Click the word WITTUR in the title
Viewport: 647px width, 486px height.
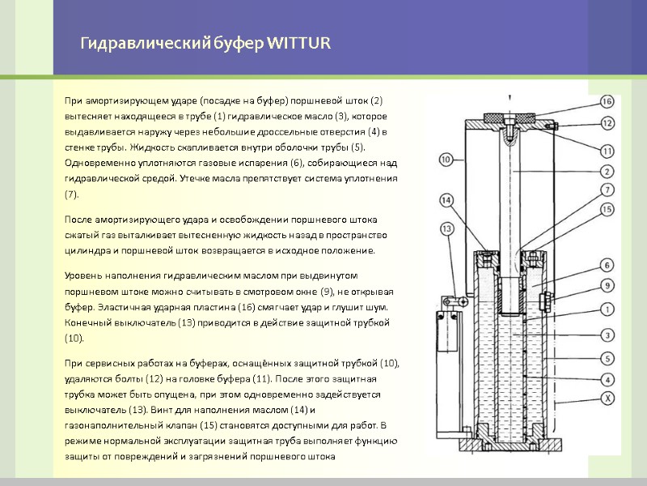click(x=298, y=42)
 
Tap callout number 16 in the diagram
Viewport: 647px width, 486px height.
click(x=607, y=102)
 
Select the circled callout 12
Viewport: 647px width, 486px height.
click(x=607, y=123)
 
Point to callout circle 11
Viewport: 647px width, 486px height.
click(x=607, y=150)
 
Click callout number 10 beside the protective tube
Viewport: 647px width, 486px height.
click(x=446, y=160)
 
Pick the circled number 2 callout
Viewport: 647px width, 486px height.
click(x=607, y=171)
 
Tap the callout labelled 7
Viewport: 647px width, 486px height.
click(x=607, y=190)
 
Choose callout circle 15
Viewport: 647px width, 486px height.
click(x=607, y=210)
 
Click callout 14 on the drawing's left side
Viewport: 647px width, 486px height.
click(x=446, y=199)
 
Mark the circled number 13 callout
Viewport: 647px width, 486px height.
click(x=446, y=229)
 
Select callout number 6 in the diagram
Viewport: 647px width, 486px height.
click(x=607, y=264)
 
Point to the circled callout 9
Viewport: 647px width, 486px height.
click(x=607, y=285)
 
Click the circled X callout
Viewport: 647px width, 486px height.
click(x=607, y=398)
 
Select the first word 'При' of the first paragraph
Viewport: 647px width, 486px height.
click(x=73, y=100)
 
